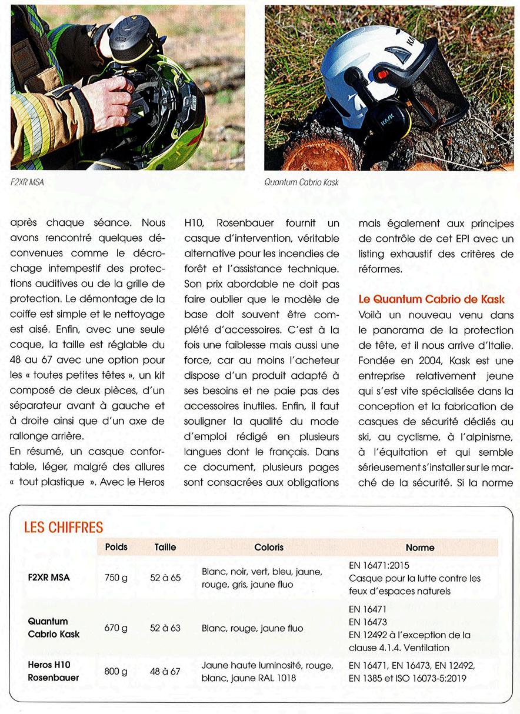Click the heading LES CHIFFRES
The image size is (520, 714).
[x=64, y=527]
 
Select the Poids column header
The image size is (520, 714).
[x=116, y=547]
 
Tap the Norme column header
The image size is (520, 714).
[x=420, y=548]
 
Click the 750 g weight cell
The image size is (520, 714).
[x=116, y=578]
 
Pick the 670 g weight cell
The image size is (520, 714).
[x=116, y=628]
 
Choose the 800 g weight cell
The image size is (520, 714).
[x=116, y=671]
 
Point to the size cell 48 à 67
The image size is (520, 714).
[x=165, y=671]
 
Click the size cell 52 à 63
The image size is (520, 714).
[x=165, y=628]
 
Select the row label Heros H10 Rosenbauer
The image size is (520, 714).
[x=54, y=671]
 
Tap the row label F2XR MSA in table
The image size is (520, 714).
[x=49, y=578]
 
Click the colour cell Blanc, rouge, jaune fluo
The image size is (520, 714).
[x=252, y=628]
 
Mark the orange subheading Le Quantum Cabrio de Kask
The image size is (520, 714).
[x=432, y=299]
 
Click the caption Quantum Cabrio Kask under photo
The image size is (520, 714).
[x=302, y=182]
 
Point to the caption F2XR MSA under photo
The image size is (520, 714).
[x=27, y=182]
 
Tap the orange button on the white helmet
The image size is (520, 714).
[x=383, y=75]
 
